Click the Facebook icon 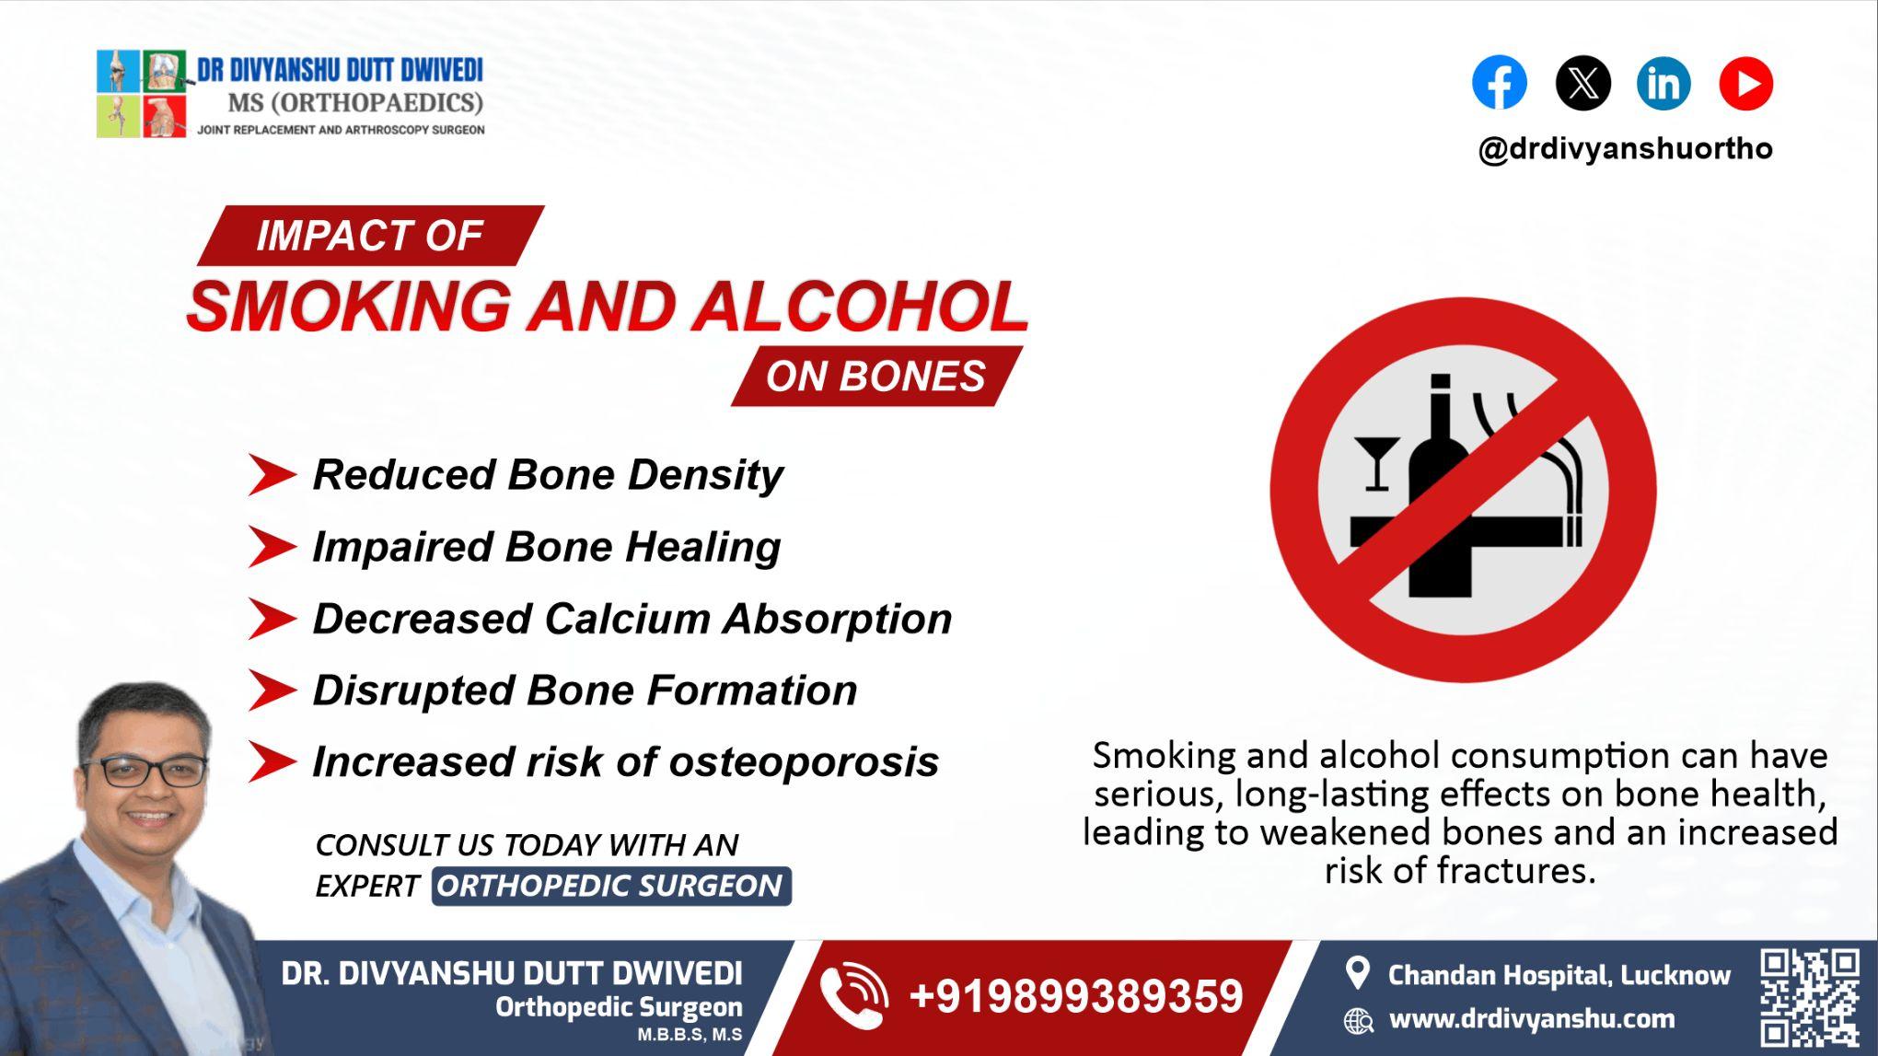(x=1499, y=83)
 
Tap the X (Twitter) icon (x=1582, y=83)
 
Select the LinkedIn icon (x=1664, y=83)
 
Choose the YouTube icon (x=1745, y=83)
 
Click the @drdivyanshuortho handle (x=1625, y=148)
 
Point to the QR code (x=1809, y=998)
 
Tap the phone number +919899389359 (x=1075, y=997)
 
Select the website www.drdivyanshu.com (x=1531, y=1019)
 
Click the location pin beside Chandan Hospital (x=1357, y=973)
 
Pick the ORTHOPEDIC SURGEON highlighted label (x=610, y=886)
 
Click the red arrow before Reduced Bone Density (x=271, y=476)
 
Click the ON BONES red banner (x=875, y=377)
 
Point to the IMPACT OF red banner (x=369, y=236)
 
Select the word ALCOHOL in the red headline (x=859, y=307)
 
